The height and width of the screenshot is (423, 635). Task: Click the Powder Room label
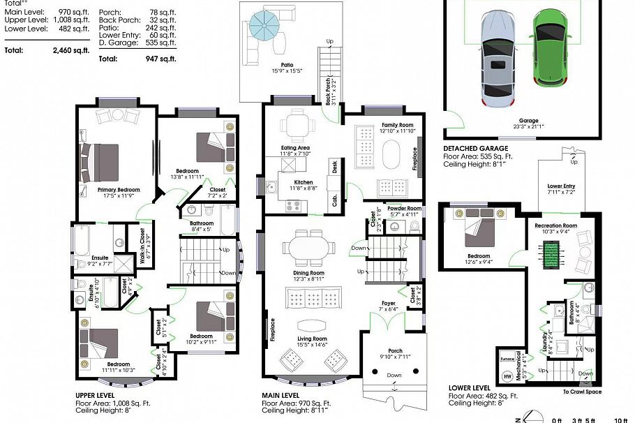(405, 209)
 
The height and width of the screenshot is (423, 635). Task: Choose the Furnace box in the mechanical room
(507, 360)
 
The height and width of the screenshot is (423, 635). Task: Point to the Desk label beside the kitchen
(336, 166)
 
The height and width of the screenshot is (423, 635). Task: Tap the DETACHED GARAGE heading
(478, 149)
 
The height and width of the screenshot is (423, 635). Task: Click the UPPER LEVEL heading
(94, 395)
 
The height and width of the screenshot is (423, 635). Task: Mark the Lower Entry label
(561, 186)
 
